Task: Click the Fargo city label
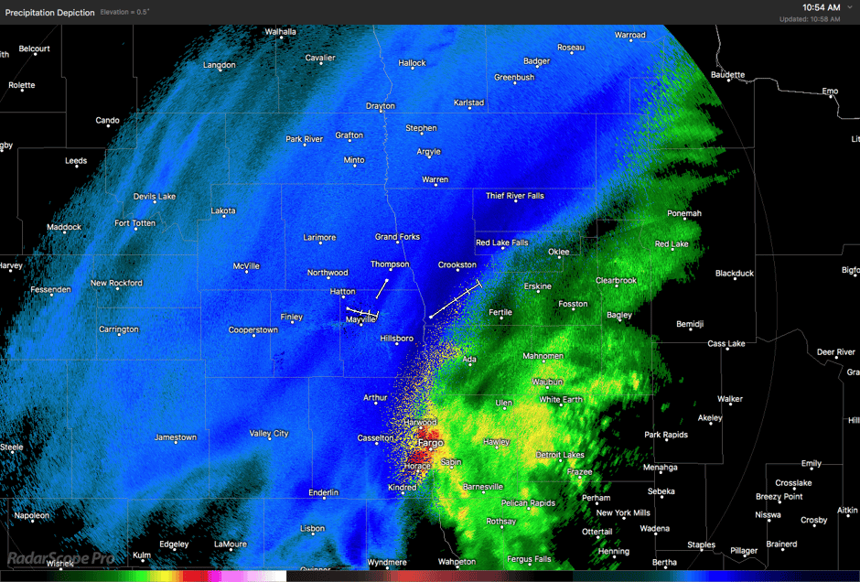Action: point(430,443)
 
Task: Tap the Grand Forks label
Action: point(397,237)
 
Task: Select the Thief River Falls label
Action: point(514,196)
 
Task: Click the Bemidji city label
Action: point(690,324)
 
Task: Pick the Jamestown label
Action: point(175,437)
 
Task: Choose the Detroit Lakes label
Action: point(559,455)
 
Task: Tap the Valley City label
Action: point(268,433)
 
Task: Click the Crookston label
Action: point(457,264)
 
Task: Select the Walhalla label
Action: point(280,31)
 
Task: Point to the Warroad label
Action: point(629,35)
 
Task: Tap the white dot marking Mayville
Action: point(360,312)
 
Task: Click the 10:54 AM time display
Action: point(821,7)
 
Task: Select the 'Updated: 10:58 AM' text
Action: point(809,19)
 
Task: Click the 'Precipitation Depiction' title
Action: point(49,12)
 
